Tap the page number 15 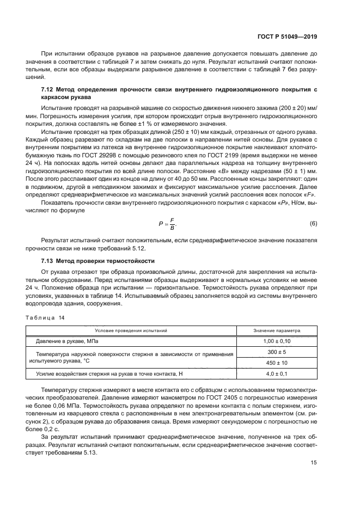coord(314,463)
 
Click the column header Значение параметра coord(277,330)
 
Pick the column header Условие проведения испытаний coord(131,330)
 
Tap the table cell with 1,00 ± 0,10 coord(277,341)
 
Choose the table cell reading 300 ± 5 coord(277,352)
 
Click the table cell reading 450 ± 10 coord(277,363)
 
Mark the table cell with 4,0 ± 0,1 coord(277,373)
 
